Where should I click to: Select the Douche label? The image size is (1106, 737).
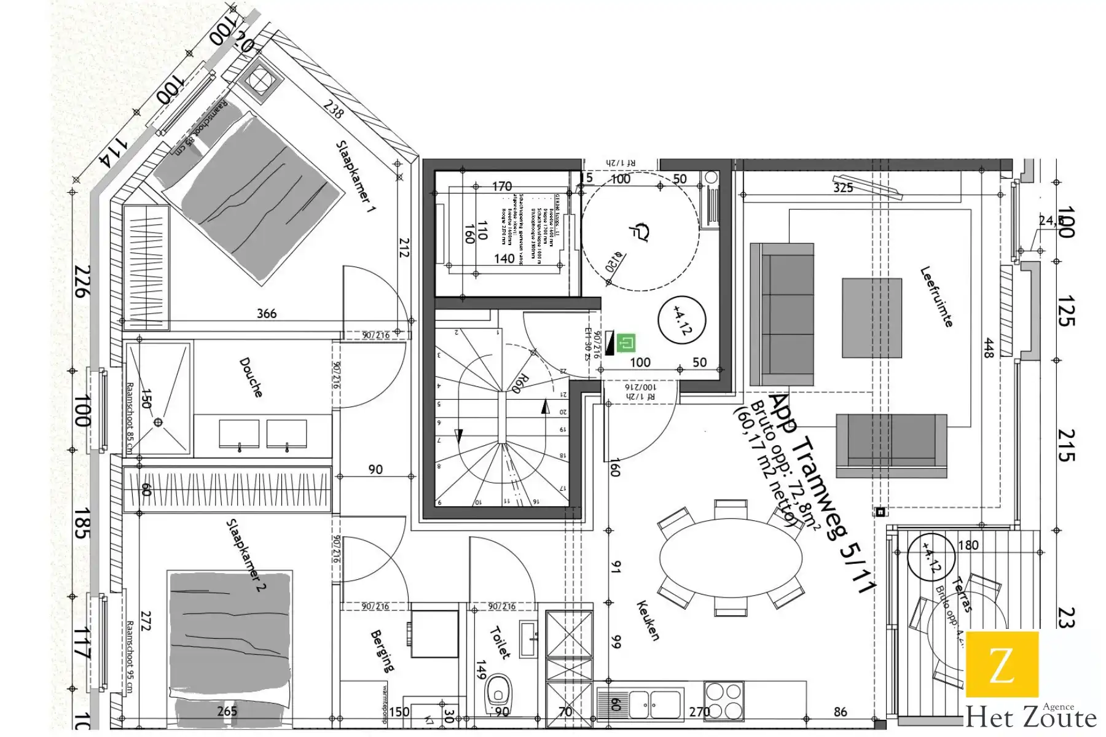[251, 377]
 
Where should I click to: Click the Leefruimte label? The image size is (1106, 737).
[936, 297]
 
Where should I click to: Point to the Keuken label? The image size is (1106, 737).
[648, 621]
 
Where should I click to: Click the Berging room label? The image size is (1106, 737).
[382, 651]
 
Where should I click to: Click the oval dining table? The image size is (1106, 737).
[731, 558]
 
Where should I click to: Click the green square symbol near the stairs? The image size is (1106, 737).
[626, 343]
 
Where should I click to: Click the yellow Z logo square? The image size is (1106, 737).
[1002, 665]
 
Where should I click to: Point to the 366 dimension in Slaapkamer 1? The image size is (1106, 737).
[266, 314]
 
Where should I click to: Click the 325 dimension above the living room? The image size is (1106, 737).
[843, 187]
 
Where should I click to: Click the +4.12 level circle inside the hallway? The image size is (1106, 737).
[681, 321]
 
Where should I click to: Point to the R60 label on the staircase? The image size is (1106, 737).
[516, 383]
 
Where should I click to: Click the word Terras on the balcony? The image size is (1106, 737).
[961, 595]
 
